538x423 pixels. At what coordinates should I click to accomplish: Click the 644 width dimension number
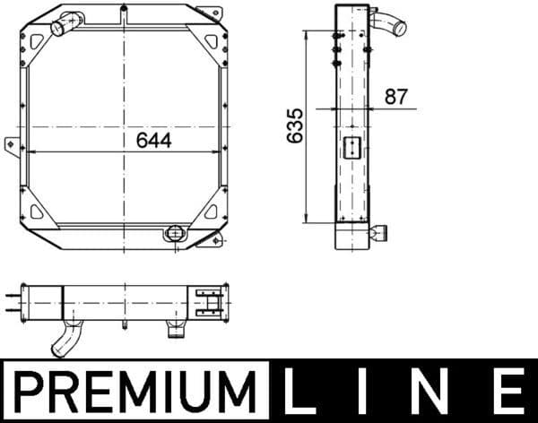[x=153, y=141]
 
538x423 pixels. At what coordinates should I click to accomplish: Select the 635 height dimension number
[x=295, y=125]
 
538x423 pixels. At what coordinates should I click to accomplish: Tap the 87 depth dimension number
[x=396, y=97]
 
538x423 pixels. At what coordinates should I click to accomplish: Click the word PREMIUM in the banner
[x=134, y=392]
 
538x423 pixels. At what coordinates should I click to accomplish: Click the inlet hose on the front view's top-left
[x=66, y=23]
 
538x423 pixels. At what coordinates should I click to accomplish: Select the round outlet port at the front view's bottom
[x=175, y=233]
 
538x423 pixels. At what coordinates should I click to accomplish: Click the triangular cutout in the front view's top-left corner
[x=36, y=41]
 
